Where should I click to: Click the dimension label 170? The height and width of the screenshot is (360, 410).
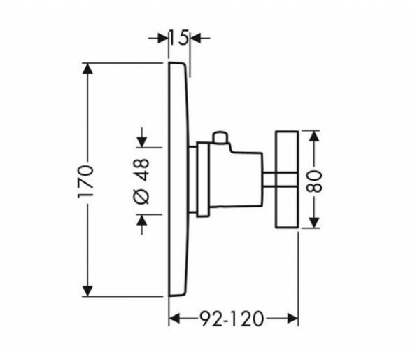(x=85, y=181)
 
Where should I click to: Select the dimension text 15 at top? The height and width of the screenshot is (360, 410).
(x=179, y=37)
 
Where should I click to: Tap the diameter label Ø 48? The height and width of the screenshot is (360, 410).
(x=141, y=181)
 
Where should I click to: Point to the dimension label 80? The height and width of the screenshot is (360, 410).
(x=313, y=181)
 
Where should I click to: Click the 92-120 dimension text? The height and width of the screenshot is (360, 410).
(x=231, y=319)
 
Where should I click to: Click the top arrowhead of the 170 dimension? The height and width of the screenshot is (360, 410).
(x=87, y=69)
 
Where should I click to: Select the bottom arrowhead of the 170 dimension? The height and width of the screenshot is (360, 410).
(x=87, y=291)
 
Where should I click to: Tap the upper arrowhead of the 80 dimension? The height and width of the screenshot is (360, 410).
(x=314, y=136)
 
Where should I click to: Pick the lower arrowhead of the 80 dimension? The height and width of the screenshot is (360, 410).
(x=314, y=222)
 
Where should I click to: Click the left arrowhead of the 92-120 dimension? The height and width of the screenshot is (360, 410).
(x=174, y=319)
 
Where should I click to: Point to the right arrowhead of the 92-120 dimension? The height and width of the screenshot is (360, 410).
(x=292, y=319)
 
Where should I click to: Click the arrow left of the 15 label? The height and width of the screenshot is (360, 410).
(x=158, y=39)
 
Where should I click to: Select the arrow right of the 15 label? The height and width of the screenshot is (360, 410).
(x=200, y=39)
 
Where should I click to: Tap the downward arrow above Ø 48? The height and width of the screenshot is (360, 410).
(x=142, y=137)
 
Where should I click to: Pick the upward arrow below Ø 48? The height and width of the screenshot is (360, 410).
(x=142, y=224)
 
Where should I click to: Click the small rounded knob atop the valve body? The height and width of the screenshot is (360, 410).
(x=220, y=137)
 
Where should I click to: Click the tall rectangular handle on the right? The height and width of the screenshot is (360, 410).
(x=287, y=179)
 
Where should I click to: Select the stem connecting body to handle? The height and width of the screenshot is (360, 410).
(x=269, y=179)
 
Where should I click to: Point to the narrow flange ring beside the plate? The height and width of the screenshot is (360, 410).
(x=203, y=179)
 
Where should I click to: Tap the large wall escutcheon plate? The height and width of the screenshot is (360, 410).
(x=179, y=179)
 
